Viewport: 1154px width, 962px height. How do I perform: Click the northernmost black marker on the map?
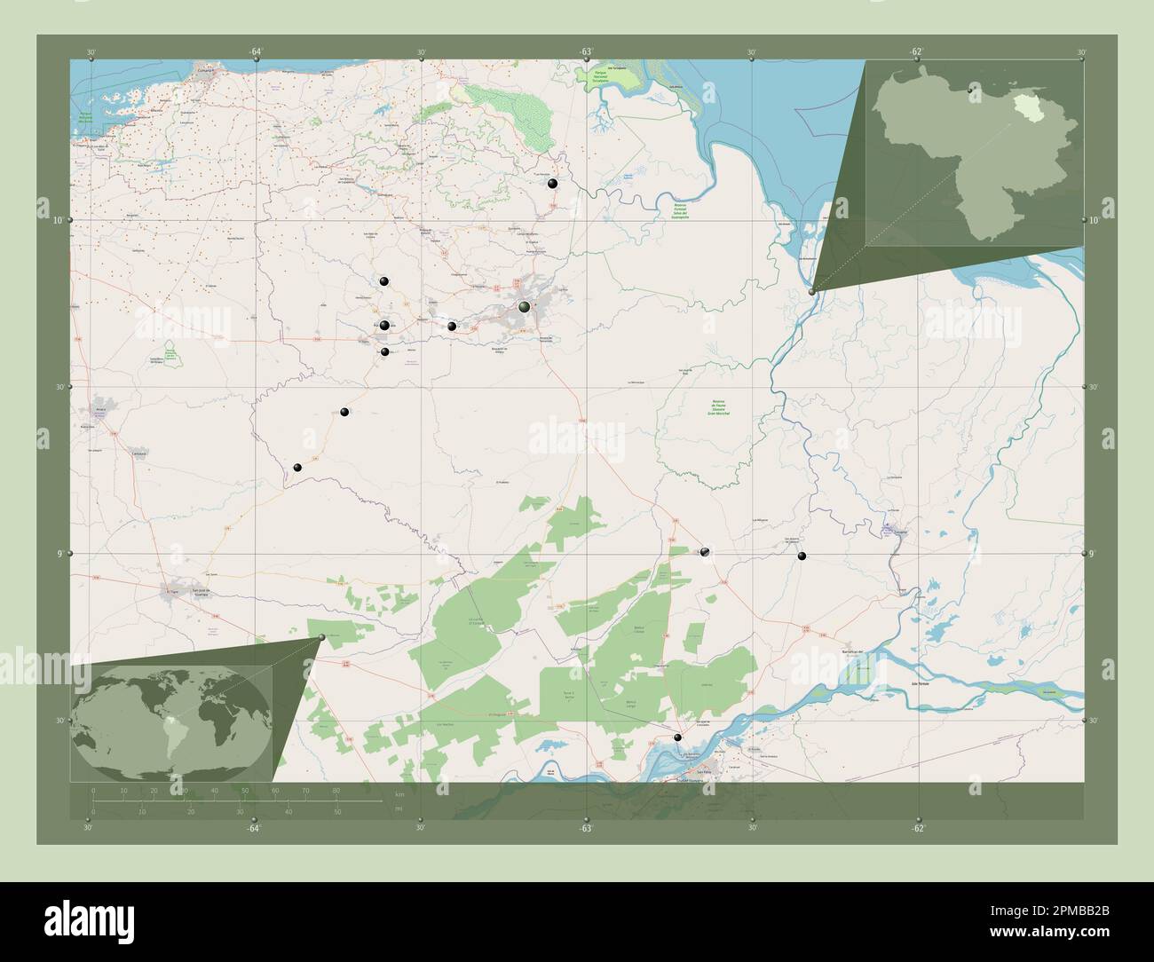click(553, 184)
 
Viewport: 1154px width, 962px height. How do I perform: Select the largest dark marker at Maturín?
click(525, 307)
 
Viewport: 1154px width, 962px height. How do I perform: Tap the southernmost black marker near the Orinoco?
click(678, 737)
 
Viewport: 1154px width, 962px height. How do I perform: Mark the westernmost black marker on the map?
click(298, 468)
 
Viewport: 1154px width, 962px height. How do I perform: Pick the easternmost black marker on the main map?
click(802, 556)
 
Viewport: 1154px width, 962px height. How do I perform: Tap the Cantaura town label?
click(138, 453)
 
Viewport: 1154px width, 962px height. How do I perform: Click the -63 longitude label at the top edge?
click(586, 51)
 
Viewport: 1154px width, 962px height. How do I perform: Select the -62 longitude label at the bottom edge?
click(917, 829)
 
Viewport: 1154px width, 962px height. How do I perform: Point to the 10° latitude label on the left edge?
click(57, 220)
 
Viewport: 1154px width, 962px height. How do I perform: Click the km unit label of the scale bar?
click(400, 793)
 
